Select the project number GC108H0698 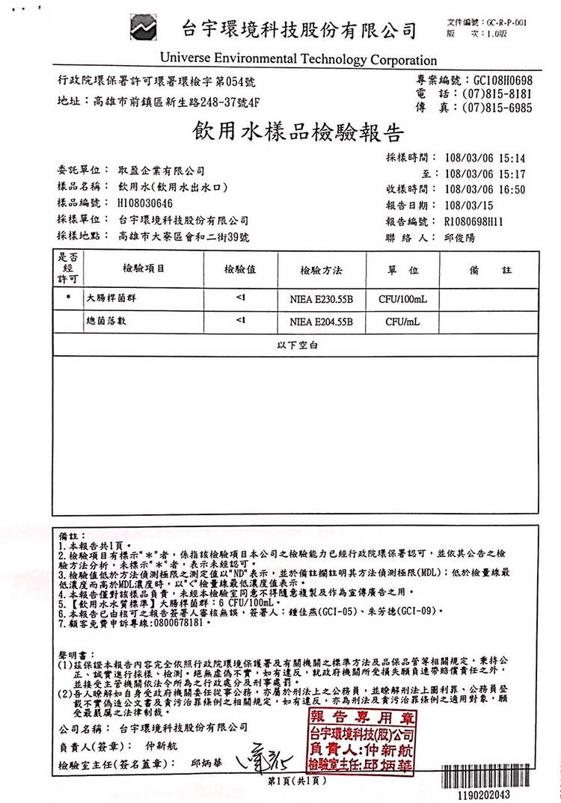498,81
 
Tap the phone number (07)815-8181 497,94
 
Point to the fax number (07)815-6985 497,108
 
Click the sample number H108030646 145,203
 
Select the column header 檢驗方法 321,269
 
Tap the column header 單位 402,269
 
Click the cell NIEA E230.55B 321,300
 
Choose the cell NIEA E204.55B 321,322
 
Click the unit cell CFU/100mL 402,300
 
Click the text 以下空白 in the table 297,345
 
